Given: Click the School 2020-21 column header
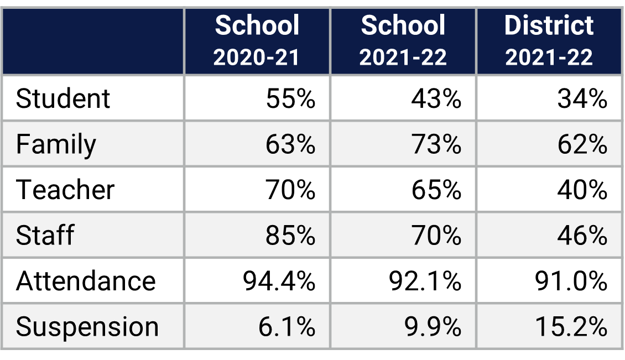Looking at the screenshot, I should pos(257,41).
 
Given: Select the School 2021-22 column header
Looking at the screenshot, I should pos(403,41).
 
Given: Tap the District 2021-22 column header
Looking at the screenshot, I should pos(549,41).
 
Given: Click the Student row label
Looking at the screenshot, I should pos(63,98).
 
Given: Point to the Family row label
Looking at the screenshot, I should pos(56,144).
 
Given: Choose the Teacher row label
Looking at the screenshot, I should pos(65,190).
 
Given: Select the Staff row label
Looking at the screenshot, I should pos(45,236).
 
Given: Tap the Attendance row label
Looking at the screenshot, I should pos(86,281).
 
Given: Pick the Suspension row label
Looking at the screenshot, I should pos(87,327).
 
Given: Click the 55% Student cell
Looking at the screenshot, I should pos(290,98).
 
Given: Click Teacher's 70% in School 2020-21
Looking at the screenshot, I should pos(290,190).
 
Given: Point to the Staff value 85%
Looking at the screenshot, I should pos(290,236).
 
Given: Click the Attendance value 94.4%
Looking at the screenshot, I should pos(279,281).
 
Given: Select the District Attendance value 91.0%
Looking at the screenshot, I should pos(571,281).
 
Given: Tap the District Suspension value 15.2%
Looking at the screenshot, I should pos(571,327).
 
